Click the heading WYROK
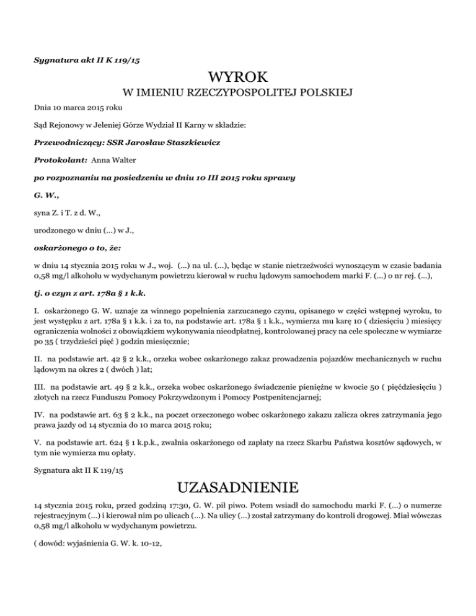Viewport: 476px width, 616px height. pos(238,78)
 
